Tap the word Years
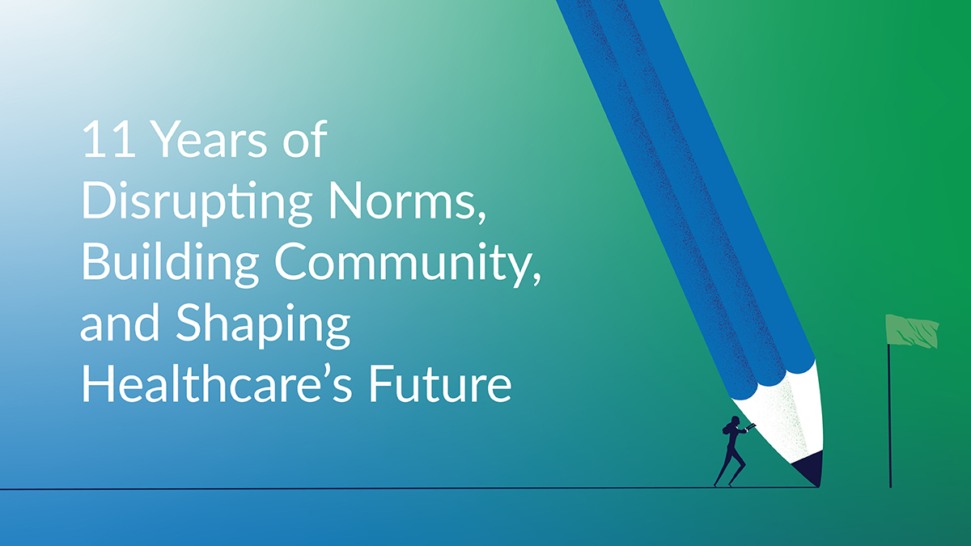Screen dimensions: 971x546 [x=210, y=139]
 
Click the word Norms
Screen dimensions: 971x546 [x=402, y=201]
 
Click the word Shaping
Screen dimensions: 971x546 [x=263, y=326]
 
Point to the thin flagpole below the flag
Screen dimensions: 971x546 [x=890, y=416]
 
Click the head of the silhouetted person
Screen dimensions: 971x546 [x=736, y=421]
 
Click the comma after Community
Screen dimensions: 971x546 [x=537, y=278]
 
